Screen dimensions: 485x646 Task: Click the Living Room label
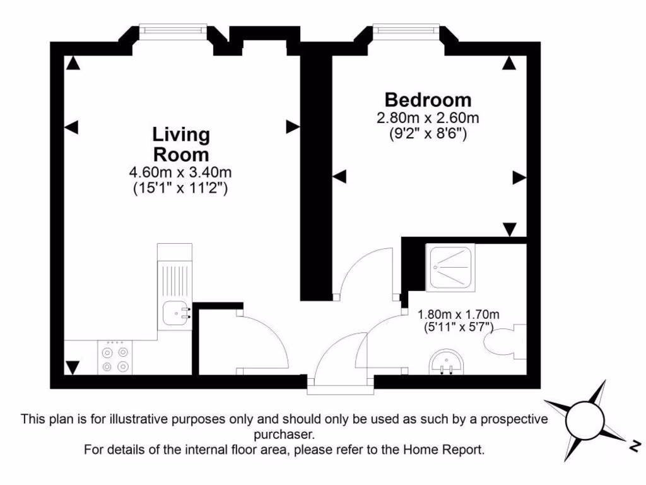coord(180,145)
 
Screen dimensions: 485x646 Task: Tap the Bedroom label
coord(428,100)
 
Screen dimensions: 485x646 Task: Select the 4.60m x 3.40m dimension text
coord(180,172)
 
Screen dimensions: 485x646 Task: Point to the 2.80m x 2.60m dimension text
coord(428,118)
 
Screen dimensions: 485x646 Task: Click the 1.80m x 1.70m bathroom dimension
coord(459,314)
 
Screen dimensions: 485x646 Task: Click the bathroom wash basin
coord(448,363)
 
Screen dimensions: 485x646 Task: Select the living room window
coord(173,28)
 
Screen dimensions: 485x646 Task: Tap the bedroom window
coord(406,28)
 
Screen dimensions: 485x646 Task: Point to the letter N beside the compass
coord(633,446)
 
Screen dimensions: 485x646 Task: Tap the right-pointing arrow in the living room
coord(293,127)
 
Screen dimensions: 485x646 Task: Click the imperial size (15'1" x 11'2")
coord(180,188)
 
